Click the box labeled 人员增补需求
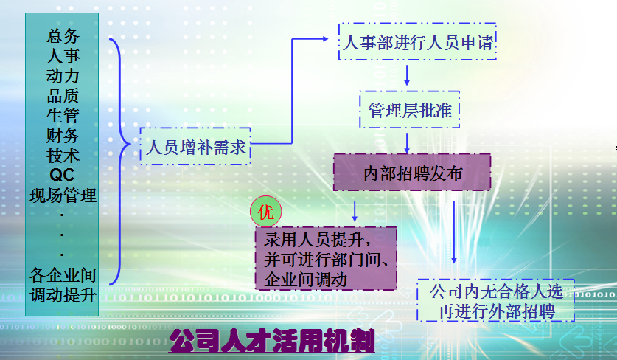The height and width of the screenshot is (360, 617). [x=195, y=146]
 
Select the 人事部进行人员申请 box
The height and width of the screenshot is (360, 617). [x=417, y=42]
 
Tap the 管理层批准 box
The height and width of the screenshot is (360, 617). [x=410, y=109]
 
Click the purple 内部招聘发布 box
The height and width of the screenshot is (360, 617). [x=412, y=173]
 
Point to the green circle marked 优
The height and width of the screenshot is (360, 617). [x=266, y=212]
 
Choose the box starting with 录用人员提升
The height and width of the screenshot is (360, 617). [x=326, y=259]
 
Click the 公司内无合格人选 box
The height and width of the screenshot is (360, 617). [x=496, y=300]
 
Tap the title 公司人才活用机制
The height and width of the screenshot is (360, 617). [x=272, y=341]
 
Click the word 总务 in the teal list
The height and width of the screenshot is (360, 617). [x=63, y=36]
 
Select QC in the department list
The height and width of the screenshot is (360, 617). [x=62, y=175]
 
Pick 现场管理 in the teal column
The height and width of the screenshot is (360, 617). [x=63, y=195]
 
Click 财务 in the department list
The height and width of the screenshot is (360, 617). [x=63, y=136]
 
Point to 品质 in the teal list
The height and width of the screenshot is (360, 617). [x=63, y=95]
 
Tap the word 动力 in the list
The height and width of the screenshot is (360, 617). [x=63, y=76]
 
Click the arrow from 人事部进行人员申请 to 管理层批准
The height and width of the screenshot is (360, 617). [x=407, y=75]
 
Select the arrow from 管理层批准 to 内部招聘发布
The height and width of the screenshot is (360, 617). [x=407, y=143]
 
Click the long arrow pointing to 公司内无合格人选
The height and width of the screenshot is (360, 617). [x=454, y=232]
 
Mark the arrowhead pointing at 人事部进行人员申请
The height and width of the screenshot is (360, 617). [x=325, y=38]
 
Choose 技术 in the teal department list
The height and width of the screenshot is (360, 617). [x=63, y=155]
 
